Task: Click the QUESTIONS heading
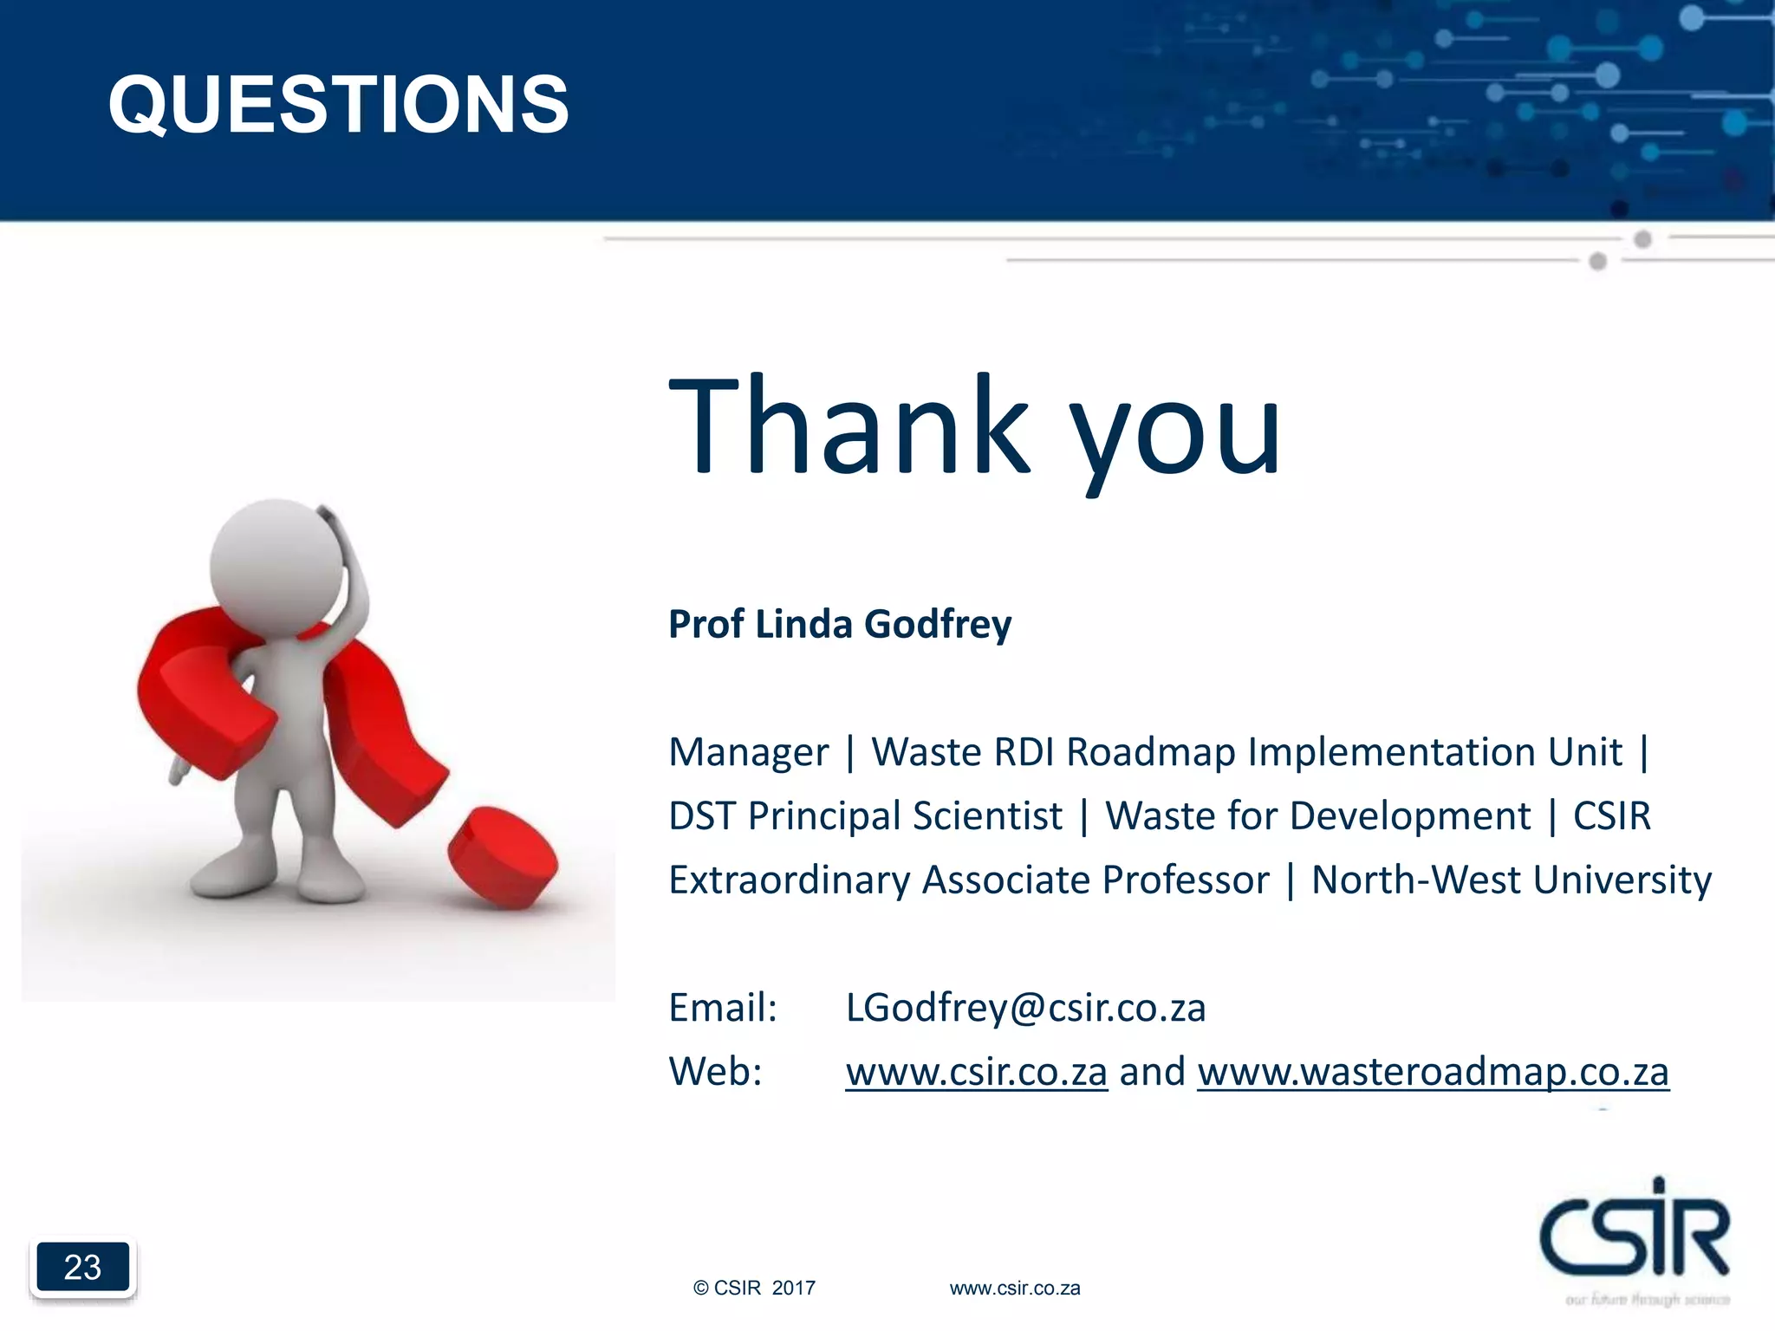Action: click(338, 104)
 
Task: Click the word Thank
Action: click(849, 426)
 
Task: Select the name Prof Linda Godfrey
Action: click(839, 625)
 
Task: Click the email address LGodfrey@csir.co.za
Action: click(1025, 1008)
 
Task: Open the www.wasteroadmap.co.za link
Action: click(1433, 1072)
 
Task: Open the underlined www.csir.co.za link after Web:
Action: click(976, 1072)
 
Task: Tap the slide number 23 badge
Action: click(82, 1267)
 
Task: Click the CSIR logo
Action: click(1634, 1230)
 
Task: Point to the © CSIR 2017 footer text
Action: click(754, 1289)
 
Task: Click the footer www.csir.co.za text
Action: click(1014, 1289)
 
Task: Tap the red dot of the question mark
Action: click(503, 856)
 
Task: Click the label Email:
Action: click(723, 1008)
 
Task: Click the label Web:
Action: click(715, 1072)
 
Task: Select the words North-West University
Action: click(1511, 880)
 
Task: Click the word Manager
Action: click(748, 752)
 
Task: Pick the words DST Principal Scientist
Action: click(865, 816)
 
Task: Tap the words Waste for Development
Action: click(1317, 816)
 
